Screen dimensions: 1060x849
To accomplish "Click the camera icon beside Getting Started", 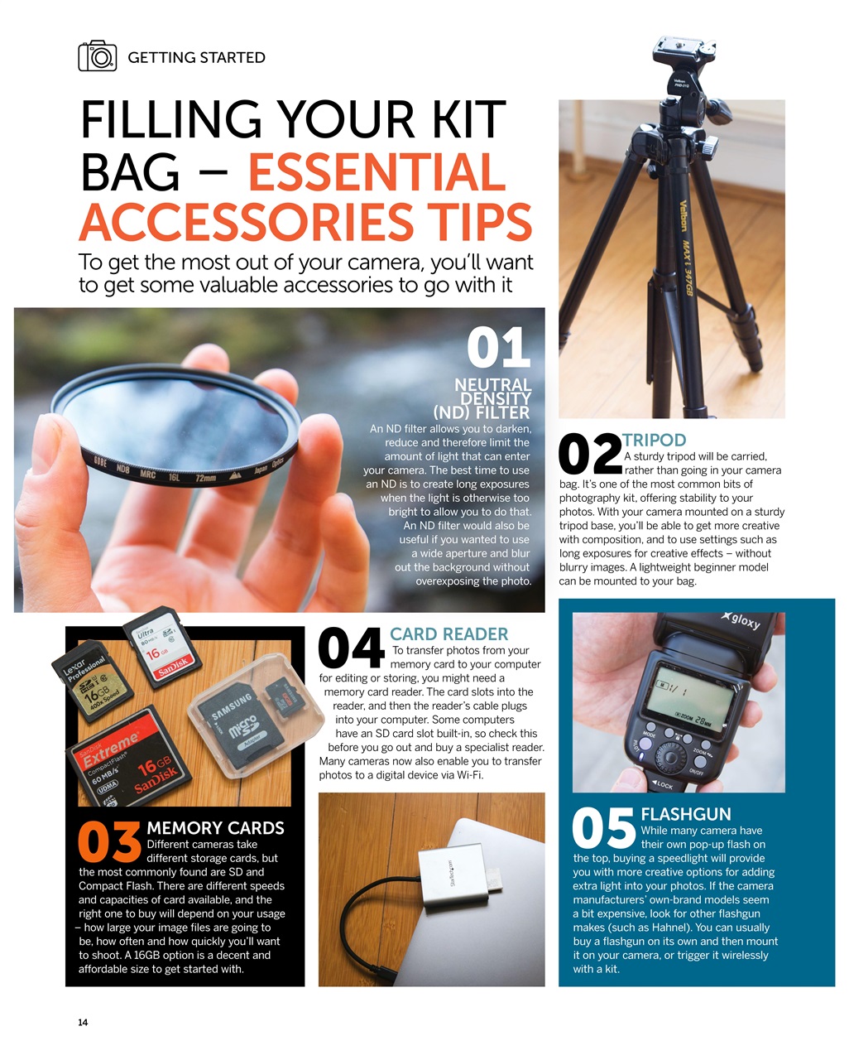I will [x=98, y=56].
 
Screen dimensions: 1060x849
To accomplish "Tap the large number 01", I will [x=498, y=348].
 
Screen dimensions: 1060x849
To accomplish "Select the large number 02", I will [x=589, y=455].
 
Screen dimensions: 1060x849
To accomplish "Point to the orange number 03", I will [x=109, y=841].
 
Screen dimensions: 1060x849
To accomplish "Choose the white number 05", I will [x=604, y=829].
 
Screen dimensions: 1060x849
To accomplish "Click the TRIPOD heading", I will [x=654, y=440].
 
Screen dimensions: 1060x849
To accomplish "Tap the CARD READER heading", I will [x=448, y=634].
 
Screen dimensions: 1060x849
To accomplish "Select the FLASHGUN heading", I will [x=686, y=814].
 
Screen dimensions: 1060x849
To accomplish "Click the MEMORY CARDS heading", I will [x=215, y=828].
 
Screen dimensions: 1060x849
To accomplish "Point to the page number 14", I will [x=83, y=1023].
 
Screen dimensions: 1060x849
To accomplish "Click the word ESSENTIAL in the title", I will [x=377, y=172].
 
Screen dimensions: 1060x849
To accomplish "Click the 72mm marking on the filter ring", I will [x=204, y=479].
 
